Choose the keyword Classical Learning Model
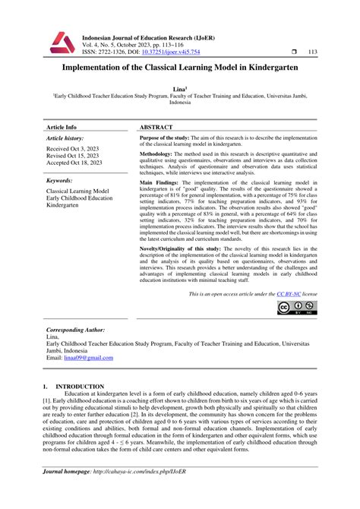click(77, 191)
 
